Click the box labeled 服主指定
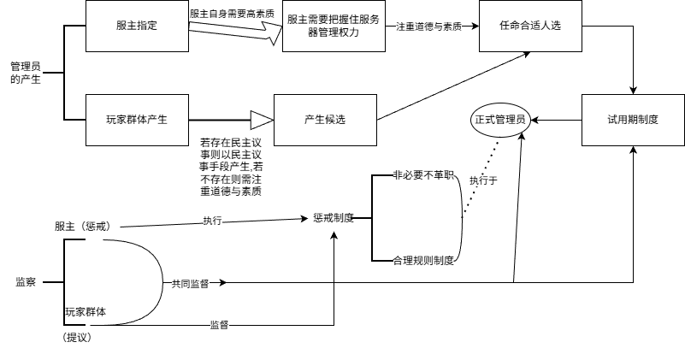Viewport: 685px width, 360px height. (x=137, y=27)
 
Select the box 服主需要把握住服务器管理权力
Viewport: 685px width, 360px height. (x=334, y=27)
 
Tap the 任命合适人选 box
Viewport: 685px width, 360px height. (x=530, y=27)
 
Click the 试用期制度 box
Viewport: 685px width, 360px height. (x=632, y=119)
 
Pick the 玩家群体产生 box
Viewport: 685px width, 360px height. (x=137, y=119)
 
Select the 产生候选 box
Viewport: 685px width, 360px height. (x=324, y=119)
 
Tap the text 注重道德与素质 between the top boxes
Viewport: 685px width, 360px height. (x=428, y=27)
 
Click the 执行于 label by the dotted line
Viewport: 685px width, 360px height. (x=483, y=180)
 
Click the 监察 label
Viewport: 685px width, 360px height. (x=26, y=281)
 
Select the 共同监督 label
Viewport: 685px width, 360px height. (x=191, y=281)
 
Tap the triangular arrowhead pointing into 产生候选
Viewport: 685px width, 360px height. (x=261, y=119)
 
